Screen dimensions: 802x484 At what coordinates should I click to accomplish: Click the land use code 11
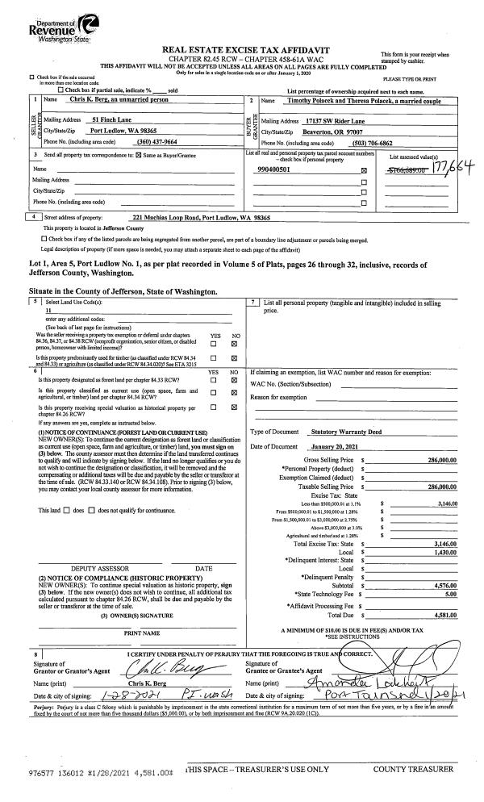click(x=49, y=310)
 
